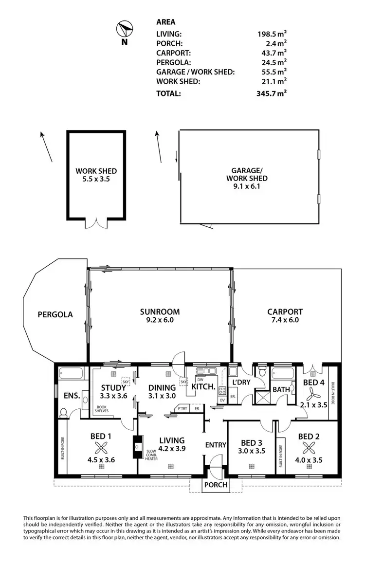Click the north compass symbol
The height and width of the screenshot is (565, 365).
pyautogui.click(x=125, y=30)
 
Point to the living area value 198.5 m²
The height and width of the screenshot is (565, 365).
pyautogui.click(x=272, y=34)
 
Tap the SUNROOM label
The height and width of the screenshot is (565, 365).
pyautogui.click(x=160, y=312)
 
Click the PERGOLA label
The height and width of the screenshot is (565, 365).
pyautogui.click(x=55, y=314)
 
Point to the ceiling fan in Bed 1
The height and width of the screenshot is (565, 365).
pyautogui.click(x=102, y=448)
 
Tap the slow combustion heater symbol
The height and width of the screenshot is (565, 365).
pyautogui.click(x=138, y=446)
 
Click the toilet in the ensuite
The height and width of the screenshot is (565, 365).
pyautogui.click(x=63, y=413)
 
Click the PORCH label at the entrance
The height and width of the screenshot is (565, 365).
pyautogui.click(x=215, y=485)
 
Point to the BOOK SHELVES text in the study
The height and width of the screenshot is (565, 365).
pyautogui.click(x=102, y=408)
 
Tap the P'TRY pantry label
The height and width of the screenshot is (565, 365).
pyautogui.click(x=182, y=408)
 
